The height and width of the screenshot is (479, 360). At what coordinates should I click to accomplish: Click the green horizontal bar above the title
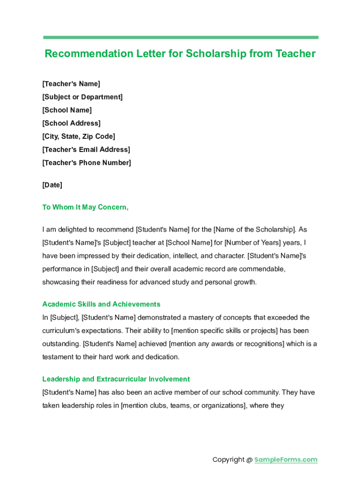[180, 37]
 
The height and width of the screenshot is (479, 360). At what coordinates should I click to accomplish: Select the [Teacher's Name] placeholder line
[71, 84]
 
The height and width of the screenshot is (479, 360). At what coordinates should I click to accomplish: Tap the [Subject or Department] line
[82, 97]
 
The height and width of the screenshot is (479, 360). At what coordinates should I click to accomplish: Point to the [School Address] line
[71, 123]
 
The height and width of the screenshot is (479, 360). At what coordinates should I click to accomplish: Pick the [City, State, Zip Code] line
[79, 136]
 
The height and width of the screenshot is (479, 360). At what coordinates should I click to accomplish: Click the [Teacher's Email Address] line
[86, 149]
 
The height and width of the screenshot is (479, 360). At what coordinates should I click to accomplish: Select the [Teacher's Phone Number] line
[86, 162]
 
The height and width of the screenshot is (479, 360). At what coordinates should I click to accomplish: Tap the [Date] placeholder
[52, 185]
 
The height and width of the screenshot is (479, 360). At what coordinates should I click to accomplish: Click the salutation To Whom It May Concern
[85, 207]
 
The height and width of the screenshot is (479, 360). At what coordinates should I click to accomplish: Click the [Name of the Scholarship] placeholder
[254, 230]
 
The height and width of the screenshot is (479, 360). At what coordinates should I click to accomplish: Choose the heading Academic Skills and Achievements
[101, 304]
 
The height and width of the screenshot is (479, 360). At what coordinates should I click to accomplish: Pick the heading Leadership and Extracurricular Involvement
[116, 379]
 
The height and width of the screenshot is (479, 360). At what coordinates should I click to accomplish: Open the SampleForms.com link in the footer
[286, 459]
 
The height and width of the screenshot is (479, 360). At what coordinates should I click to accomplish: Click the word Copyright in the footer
[229, 459]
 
